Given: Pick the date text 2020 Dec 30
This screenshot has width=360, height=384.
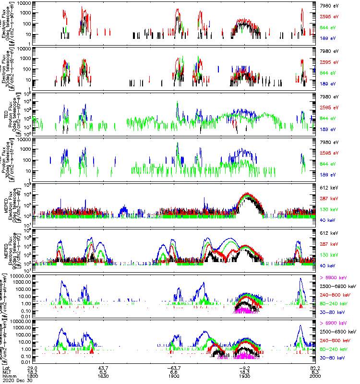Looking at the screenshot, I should [16, 380].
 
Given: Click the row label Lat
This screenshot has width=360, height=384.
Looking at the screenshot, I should [7, 367].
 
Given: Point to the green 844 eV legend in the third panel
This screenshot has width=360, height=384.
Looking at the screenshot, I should [329, 119].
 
